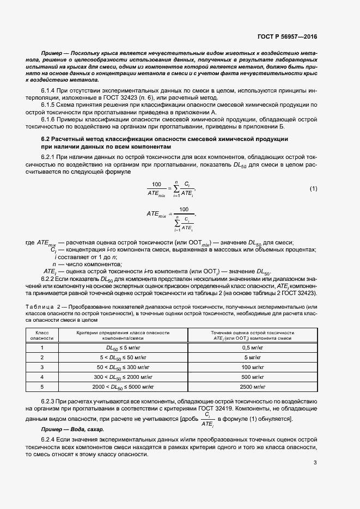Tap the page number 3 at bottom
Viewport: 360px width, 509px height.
click(x=315, y=463)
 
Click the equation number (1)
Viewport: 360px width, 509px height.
click(x=313, y=188)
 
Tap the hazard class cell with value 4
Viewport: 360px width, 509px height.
click(x=41, y=377)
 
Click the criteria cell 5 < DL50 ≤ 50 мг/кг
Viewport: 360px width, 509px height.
click(x=123, y=357)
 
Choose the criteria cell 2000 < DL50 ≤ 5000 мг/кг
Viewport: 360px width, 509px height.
click(x=123, y=387)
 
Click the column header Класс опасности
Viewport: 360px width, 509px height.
click(x=41, y=335)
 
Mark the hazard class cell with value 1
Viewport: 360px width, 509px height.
click(x=41, y=347)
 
